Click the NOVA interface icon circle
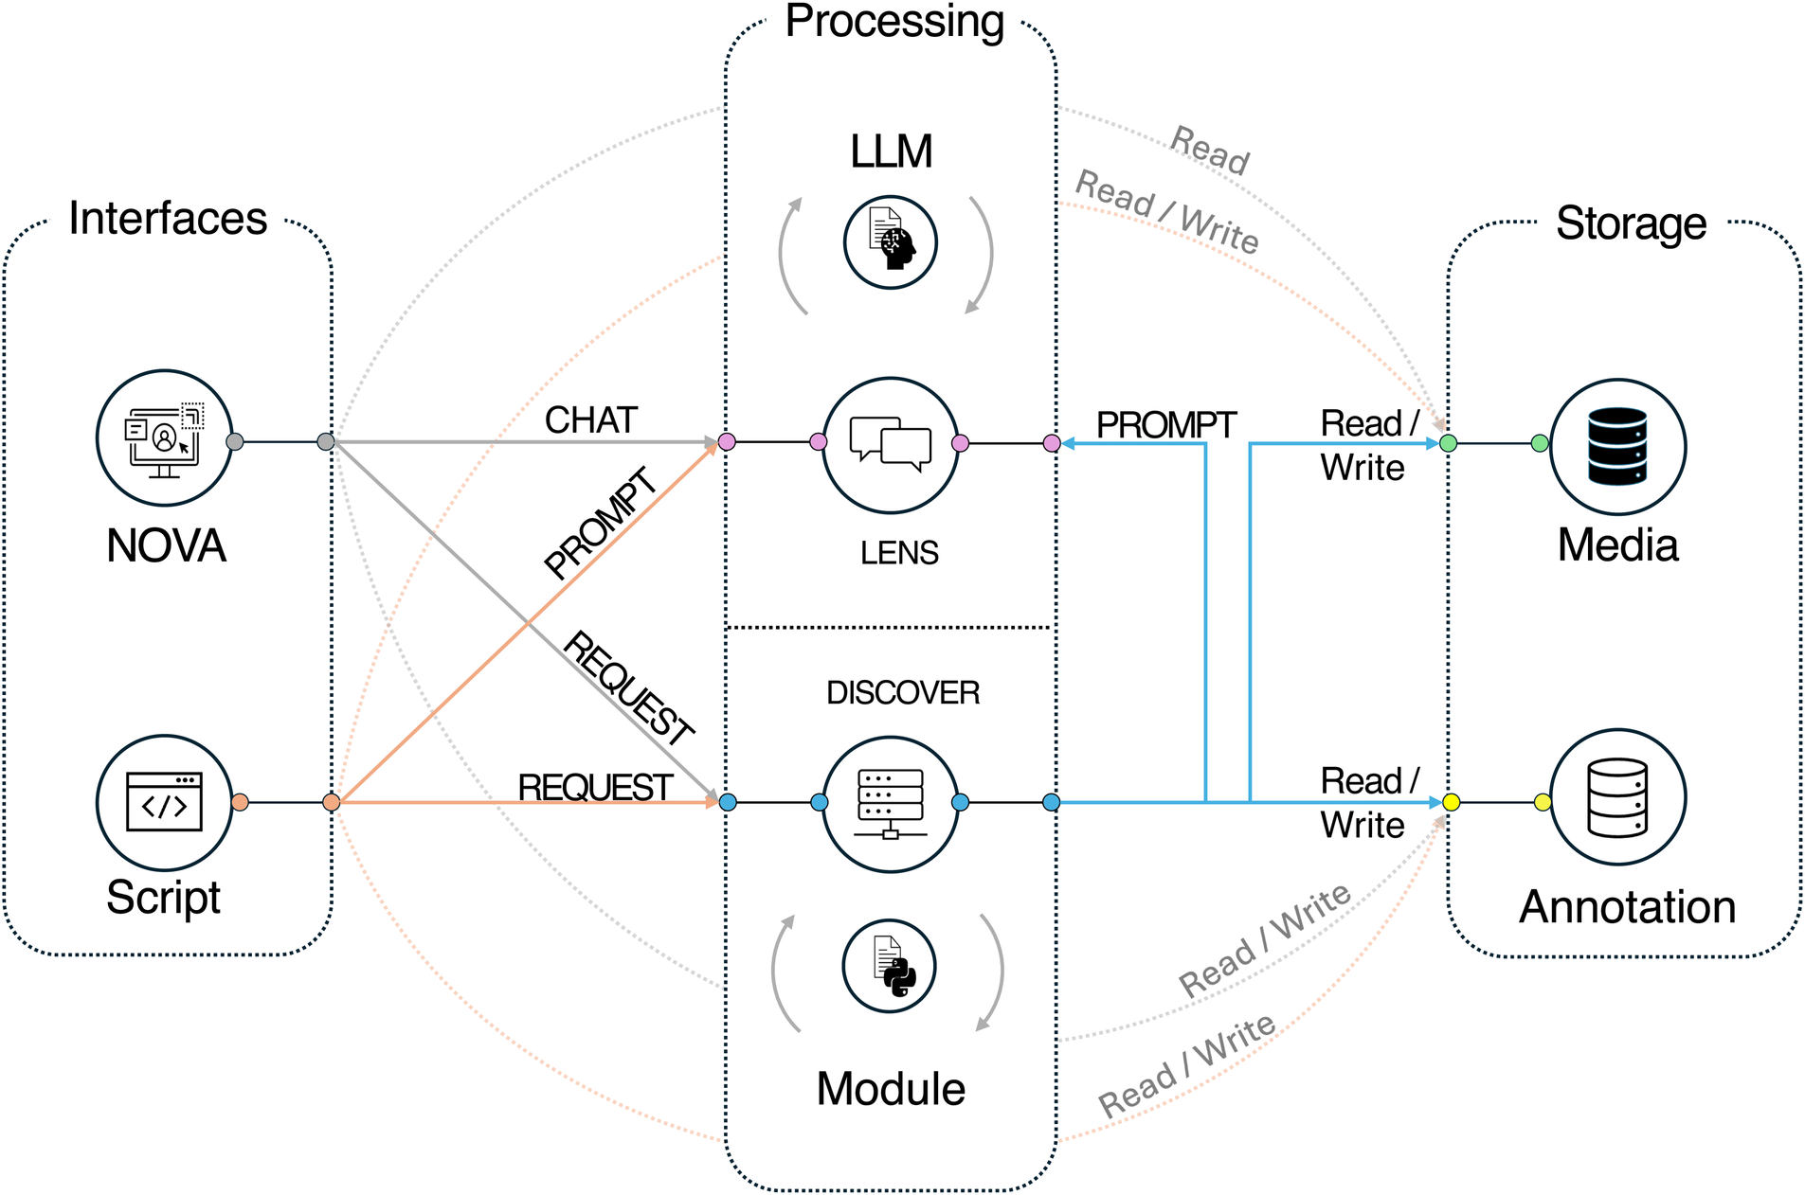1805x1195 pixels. (164, 438)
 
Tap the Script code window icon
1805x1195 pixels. (164, 802)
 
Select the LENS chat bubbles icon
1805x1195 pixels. (890, 443)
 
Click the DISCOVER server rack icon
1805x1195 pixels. (890, 803)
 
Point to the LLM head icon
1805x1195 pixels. (891, 242)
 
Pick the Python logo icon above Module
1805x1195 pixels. (890, 966)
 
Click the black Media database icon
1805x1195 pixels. (1617, 446)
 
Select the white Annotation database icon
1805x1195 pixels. (1617, 797)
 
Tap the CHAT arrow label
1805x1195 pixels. (590, 420)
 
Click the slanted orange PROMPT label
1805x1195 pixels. (601, 523)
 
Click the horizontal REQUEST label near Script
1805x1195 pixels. (595, 787)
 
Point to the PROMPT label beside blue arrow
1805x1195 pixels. (1165, 425)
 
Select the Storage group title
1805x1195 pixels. (1631, 223)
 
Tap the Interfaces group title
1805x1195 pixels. (168, 219)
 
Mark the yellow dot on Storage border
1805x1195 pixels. (1451, 803)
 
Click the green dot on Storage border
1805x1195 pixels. (1448, 443)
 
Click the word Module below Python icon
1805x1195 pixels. (890, 1089)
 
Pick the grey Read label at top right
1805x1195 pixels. (1210, 150)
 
